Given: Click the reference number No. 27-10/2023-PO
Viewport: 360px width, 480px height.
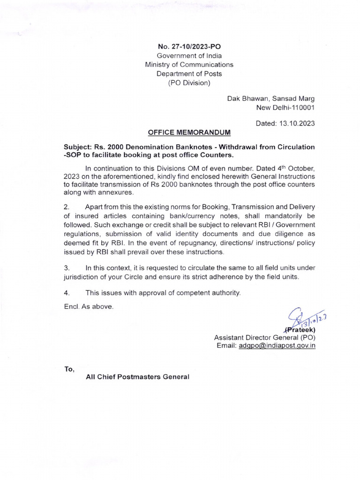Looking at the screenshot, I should click(x=189, y=47).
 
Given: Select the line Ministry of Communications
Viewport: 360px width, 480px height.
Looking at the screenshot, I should click(x=189, y=65).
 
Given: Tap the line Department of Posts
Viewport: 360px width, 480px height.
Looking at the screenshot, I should click(x=189, y=74).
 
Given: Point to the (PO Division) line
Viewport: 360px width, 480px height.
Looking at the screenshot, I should click(x=189, y=83).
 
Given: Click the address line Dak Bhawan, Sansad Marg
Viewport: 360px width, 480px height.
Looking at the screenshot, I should click(x=271, y=98).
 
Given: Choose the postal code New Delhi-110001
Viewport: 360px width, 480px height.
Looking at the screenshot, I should click(x=285, y=107).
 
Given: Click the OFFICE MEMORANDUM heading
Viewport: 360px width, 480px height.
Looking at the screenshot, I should click(x=189, y=133).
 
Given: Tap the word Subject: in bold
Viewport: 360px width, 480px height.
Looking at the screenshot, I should click(x=78, y=147).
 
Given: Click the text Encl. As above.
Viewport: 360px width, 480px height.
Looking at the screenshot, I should click(x=89, y=307).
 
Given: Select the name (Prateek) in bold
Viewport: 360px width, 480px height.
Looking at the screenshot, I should click(x=299, y=329).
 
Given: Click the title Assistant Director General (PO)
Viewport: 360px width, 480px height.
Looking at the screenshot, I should click(x=264, y=337).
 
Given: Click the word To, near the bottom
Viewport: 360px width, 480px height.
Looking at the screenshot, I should click(x=69, y=369).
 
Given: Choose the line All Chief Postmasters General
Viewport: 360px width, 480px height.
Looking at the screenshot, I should click(x=137, y=377).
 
